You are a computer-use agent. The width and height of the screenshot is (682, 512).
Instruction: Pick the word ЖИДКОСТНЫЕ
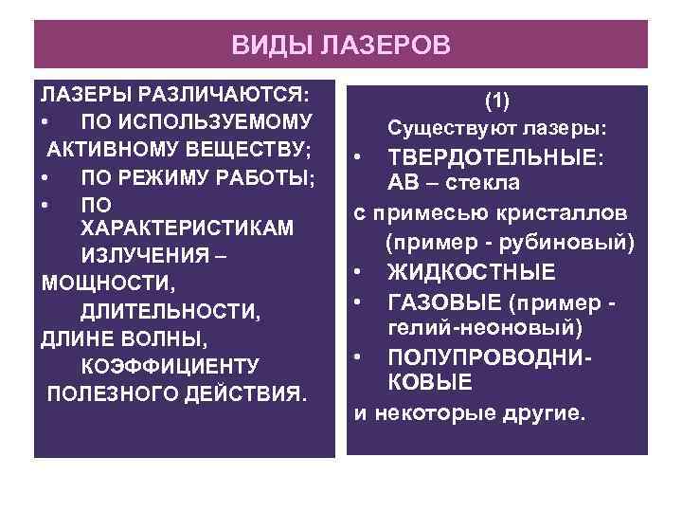point(471,273)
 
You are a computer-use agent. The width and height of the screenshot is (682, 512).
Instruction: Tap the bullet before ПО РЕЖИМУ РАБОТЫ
point(45,177)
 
